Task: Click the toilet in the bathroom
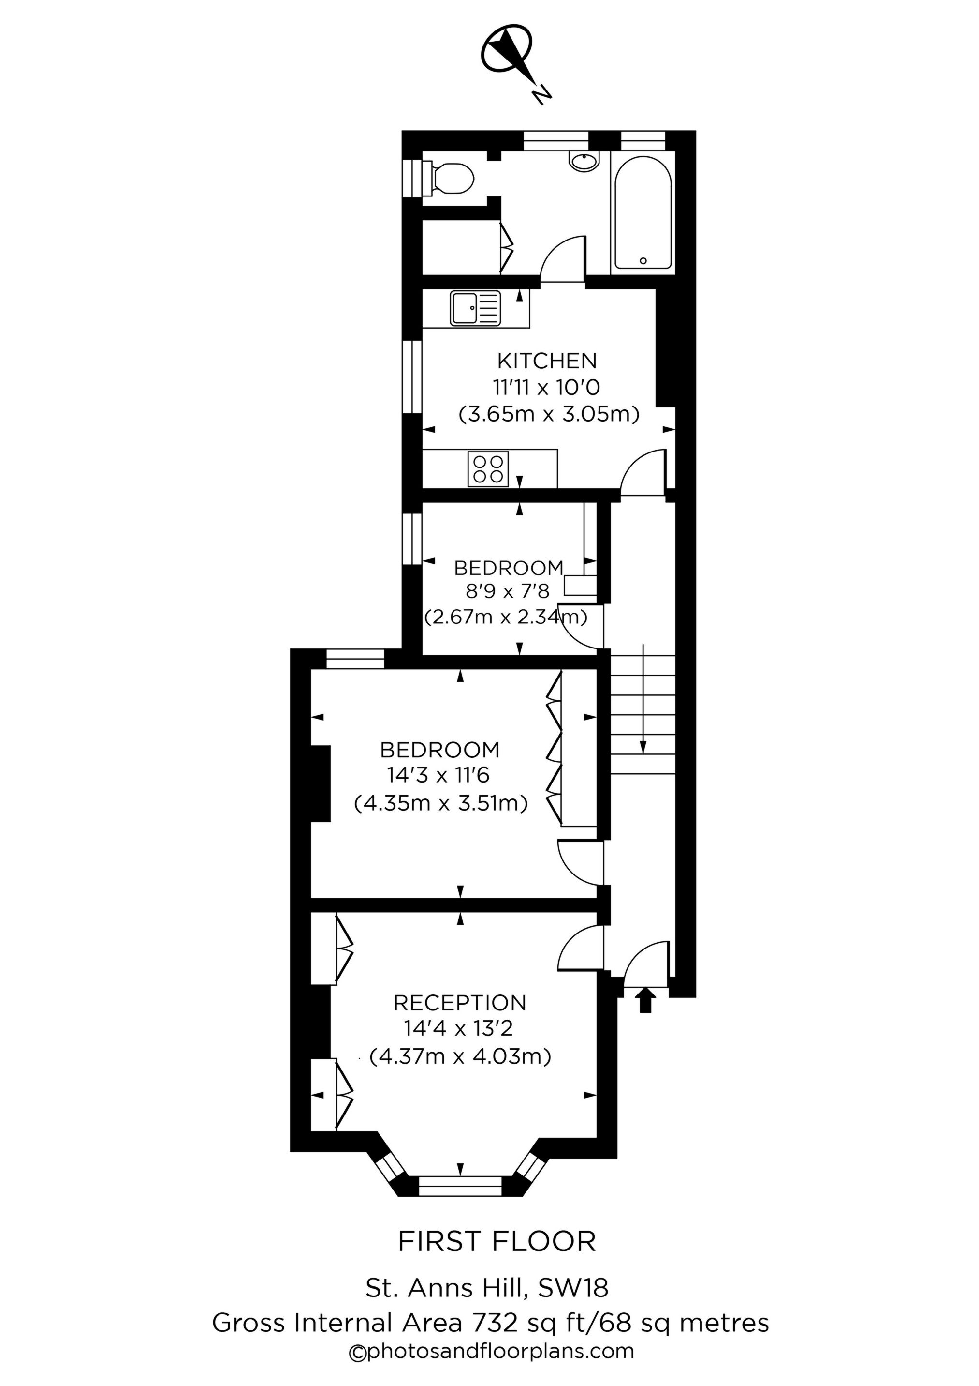(x=451, y=178)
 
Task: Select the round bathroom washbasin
(x=584, y=161)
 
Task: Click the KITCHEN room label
(x=546, y=361)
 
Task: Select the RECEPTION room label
(x=460, y=1003)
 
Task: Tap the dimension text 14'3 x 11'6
(x=438, y=775)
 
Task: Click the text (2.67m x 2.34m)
(x=506, y=618)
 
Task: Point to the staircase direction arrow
(x=643, y=700)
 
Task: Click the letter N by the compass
(x=541, y=94)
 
